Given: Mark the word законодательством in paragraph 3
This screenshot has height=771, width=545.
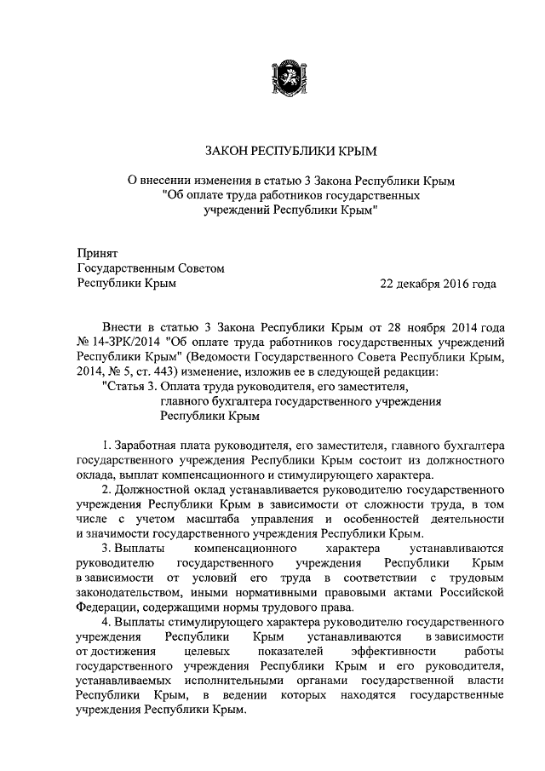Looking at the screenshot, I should [x=127, y=592].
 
